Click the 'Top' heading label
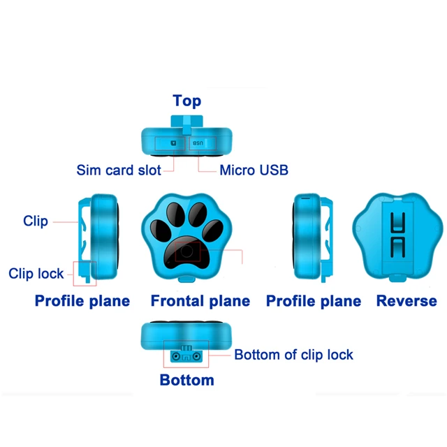pyautogui.click(x=186, y=101)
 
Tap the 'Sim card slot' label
pyautogui.click(x=119, y=170)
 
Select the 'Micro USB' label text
pyautogui.click(x=254, y=170)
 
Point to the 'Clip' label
pyautogui.click(x=36, y=221)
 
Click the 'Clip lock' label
pyautogui.click(x=36, y=274)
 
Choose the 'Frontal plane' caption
pyautogui.click(x=200, y=301)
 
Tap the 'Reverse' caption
pyautogui.click(x=406, y=301)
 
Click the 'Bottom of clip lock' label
pyautogui.click(x=293, y=355)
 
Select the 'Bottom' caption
pyautogui.click(x=186, y=381)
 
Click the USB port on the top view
pyautogui.click(x=198, y=144)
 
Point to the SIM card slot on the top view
pyautogui.click(x=173, y=144)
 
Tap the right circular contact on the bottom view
pyautogui.click(x=198, y=356)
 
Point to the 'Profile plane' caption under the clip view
pyautogui.click(x=82, y=301)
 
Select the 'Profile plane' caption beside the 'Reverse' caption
pyautogui.click(x=314, y=301)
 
